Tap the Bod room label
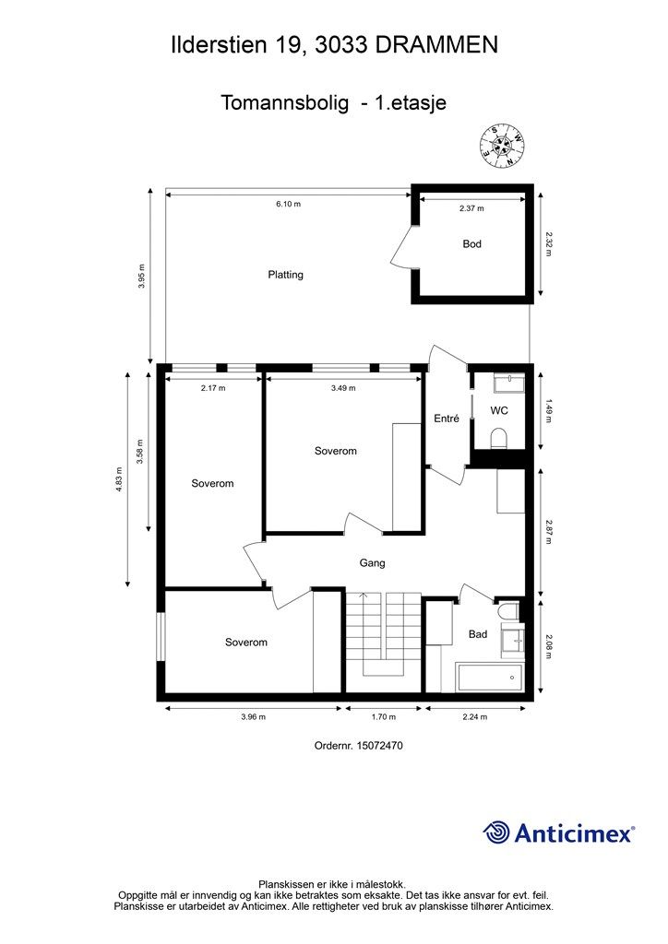(471, 244)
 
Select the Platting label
(286, 275)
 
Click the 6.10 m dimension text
(288, 205)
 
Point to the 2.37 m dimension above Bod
(471, 209)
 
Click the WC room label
(499, 410)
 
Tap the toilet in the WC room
(498, 437)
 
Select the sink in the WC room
(507, 383)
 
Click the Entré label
(447, 419)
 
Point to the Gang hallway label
(372, 562)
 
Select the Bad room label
(478, 634)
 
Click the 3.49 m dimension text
(342, 388)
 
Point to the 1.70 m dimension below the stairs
(383, 716)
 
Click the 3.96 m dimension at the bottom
(253, 716)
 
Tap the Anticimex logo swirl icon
(497, 832)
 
